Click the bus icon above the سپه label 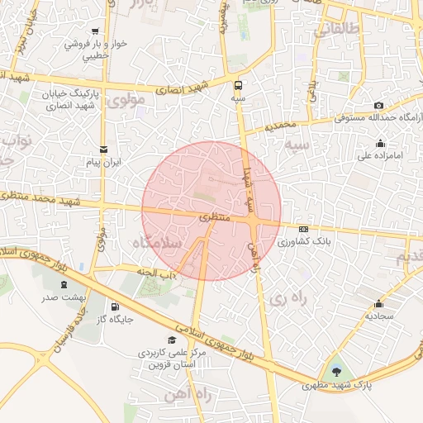pyautogui.click(x=239, y=84)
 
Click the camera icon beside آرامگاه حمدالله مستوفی pyautogui.click(x=378, y=105)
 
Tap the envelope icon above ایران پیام pyautogui.click(x=102, y=150)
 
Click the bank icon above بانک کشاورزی pyautogui.click(x=303, y=229)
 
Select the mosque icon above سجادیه pyautogui.click(x=378, y=303)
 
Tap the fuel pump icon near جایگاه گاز pyautogui.click(x=102, y=307)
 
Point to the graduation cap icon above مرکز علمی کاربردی pyautogui.click(x=172, y=340)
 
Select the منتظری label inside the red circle pyautogui.click(x=214, y=218)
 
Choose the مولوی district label pyautogui.click(x=126, y=100)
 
